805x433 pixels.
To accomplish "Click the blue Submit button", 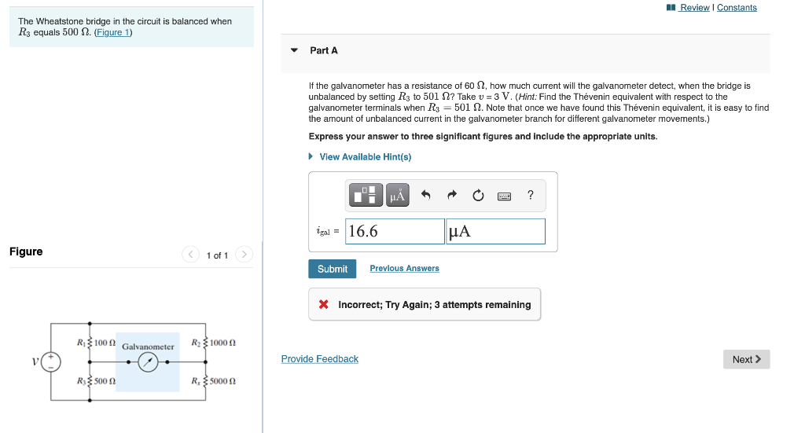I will [x=332, y=269].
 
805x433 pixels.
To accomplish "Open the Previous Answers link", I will [x=404, y=269].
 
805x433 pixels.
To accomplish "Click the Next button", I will [x=746, y=359].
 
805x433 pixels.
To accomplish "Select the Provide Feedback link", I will [x=319, y=359].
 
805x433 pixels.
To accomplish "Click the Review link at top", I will [x=694, y=8].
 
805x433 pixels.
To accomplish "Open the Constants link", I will [x=737, y=8].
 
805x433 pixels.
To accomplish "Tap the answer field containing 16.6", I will [x=395, y=231].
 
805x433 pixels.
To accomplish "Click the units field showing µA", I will [x=495, y=231].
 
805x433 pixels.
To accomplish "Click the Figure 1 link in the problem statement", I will [x=113, y=33].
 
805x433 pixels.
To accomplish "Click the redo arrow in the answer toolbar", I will [x=452, y=195].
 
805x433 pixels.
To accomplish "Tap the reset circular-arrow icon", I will [x=478, y=195].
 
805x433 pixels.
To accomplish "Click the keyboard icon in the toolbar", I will [x=504, y=196].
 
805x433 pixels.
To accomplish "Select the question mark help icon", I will [x=531, y=195].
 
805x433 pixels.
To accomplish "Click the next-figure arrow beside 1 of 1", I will [x=244, y=255].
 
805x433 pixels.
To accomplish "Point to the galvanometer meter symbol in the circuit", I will [x=148, y=362].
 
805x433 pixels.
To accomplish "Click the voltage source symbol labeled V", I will [x=52, y=361].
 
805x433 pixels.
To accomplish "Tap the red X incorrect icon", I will [x=323, y=305].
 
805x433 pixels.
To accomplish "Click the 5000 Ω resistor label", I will [x=222, y=381].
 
